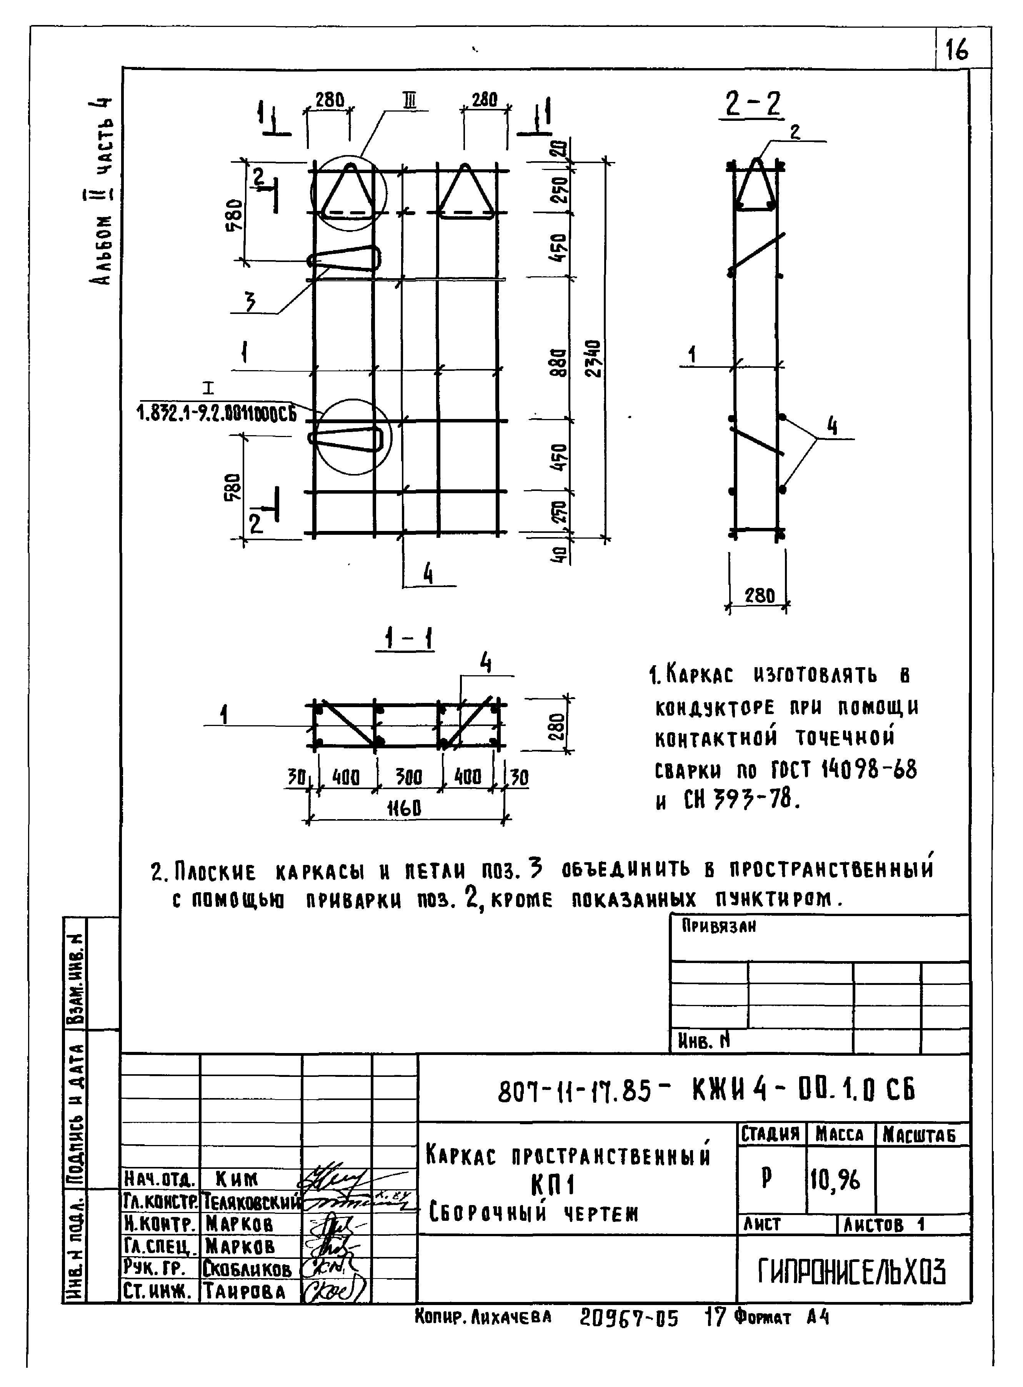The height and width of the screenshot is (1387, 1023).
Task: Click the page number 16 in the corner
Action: point(957,50)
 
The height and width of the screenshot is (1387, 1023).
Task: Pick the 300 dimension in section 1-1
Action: point(409,777)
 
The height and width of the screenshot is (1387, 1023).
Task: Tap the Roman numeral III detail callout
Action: point(409,100)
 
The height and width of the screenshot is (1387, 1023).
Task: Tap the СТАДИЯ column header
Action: point(770,1134)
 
